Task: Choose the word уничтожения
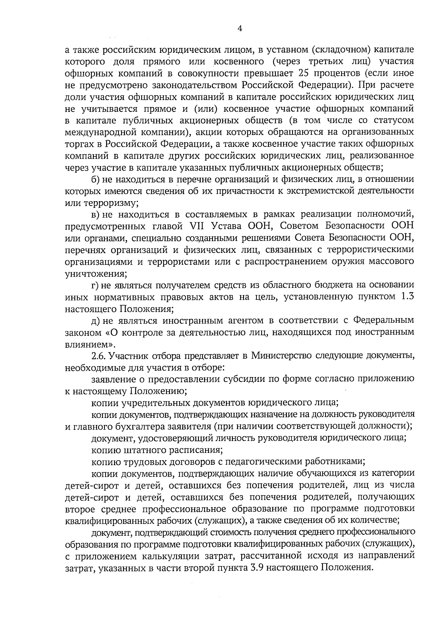(x=95, y=274)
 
